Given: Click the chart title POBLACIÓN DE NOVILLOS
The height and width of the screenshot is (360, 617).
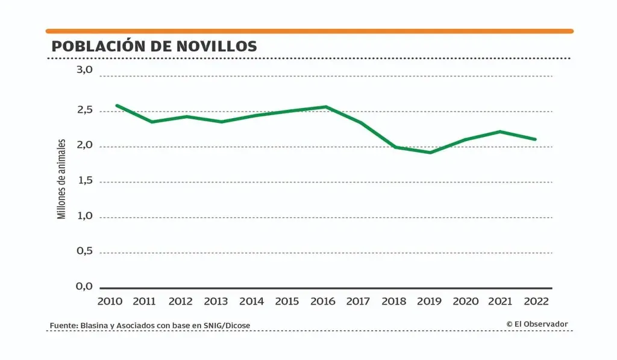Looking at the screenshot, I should (x=154, y=46).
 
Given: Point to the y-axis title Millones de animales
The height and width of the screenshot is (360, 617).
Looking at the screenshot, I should (x=61, y=178).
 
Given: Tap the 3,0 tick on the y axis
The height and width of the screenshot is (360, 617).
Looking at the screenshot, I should (x=84, y=70).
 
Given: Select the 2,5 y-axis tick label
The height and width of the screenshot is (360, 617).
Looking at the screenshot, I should (x=84, y=110).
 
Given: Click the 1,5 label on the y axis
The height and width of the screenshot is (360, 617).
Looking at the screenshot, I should (x=84, y=181).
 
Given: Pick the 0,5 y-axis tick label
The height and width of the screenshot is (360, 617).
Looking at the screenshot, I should (x=84, y=251).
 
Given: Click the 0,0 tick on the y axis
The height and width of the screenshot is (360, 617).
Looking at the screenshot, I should (x=84, y=286).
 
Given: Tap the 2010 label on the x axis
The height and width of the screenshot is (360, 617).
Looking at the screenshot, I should (x=110, y=301).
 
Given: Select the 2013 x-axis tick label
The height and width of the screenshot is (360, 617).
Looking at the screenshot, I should (x=216, y=301).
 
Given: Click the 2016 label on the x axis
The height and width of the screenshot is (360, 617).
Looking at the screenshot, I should (x=323, y=301).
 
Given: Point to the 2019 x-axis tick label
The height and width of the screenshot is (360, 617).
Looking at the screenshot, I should (x=430, y=301).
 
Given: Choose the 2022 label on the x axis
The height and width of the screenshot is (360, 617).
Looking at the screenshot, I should (x=536, y=301).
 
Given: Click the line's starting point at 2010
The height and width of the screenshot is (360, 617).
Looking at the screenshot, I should (x=116, y=106).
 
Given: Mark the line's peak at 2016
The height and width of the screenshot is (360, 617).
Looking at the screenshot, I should (x=326, y=107).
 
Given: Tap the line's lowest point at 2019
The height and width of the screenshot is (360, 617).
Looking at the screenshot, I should (x=430, y=153).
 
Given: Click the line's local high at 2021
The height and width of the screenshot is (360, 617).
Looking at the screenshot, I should (x=500, y=131).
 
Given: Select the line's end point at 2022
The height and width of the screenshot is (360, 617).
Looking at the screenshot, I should (x=535, y=139).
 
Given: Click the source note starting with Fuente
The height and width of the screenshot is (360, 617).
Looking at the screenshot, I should (x=150, y=326).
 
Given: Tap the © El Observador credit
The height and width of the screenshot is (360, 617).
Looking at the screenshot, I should (x=537, y=324).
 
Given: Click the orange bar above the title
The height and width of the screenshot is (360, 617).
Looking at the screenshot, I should (x=309, y=31).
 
